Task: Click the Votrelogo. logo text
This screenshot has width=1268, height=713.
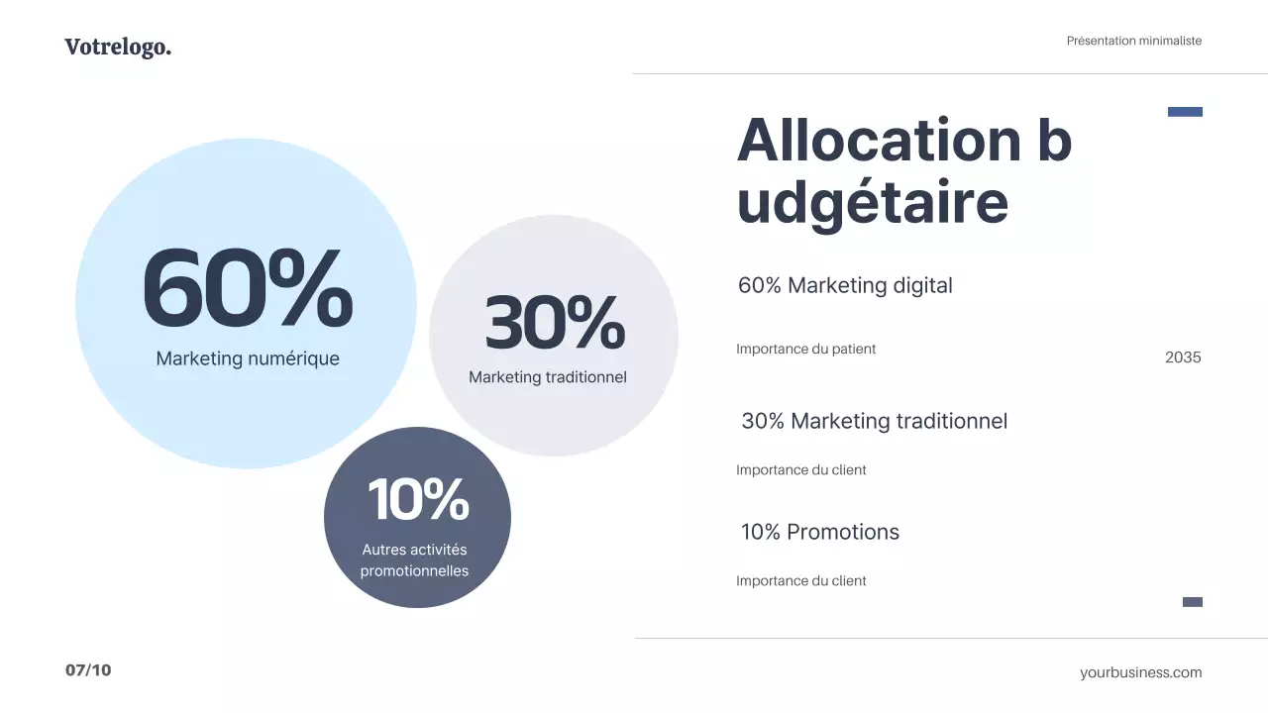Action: click(118, 47)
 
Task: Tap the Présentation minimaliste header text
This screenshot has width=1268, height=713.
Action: click(1133, 41)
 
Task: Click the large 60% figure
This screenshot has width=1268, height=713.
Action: click(247, 289)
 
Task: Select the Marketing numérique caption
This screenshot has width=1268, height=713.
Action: click(248, 358)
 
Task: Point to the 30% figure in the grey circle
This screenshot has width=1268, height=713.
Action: click(554, 323)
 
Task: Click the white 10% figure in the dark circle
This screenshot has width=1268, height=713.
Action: click(418, 499)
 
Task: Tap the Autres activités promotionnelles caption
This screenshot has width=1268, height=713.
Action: click(414, 560)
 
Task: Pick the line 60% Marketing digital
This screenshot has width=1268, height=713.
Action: click(845, 285)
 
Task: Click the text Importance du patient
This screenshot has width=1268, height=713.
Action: click(805, 349)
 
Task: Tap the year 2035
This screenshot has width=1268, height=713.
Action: click(1183, 357)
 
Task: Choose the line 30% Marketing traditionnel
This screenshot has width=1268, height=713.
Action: click(874, 421)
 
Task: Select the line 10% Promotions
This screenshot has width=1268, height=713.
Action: click(820, 532)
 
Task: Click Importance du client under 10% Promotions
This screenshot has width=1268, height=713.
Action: click(800, 581)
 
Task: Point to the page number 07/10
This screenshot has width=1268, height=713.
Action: click(88, 670)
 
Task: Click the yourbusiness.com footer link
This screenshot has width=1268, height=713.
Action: click(1140, 672)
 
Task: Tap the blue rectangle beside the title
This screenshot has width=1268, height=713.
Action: click(1185, 112)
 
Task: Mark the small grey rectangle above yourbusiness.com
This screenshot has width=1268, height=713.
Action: click(1193, 602)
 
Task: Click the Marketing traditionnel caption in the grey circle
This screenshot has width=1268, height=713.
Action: click(548, 377)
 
